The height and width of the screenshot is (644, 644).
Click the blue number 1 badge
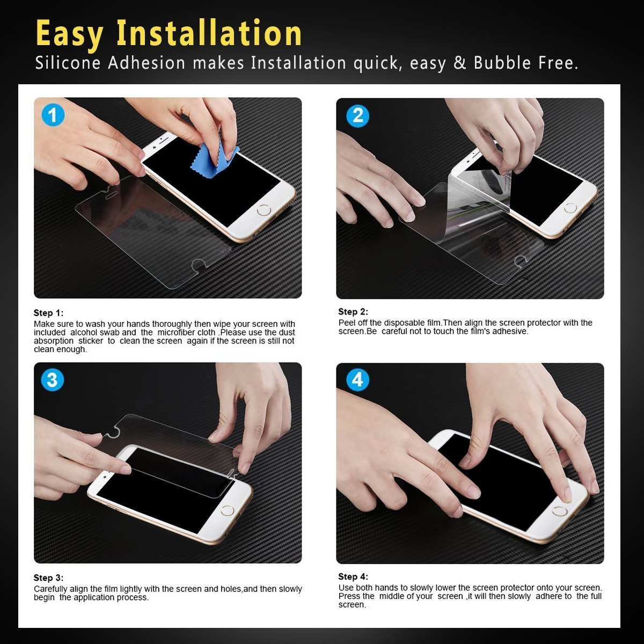53,115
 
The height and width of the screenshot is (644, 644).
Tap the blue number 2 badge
357,116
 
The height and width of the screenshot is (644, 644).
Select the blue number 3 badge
52,380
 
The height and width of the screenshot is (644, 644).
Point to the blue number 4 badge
357,380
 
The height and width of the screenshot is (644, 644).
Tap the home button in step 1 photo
264,210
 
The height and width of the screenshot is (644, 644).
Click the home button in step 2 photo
570,208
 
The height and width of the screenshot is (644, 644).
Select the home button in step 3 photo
228,511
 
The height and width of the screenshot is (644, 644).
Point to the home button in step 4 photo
560,511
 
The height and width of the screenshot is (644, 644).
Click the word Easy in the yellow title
69,33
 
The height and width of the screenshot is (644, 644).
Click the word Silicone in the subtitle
68,63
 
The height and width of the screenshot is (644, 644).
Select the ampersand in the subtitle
460,63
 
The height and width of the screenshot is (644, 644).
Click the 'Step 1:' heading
48,313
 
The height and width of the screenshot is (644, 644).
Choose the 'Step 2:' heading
353,311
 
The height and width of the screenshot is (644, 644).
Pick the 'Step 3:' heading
48,578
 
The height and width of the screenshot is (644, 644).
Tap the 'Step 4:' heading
353,576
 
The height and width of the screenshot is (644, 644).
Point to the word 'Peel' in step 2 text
346,323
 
